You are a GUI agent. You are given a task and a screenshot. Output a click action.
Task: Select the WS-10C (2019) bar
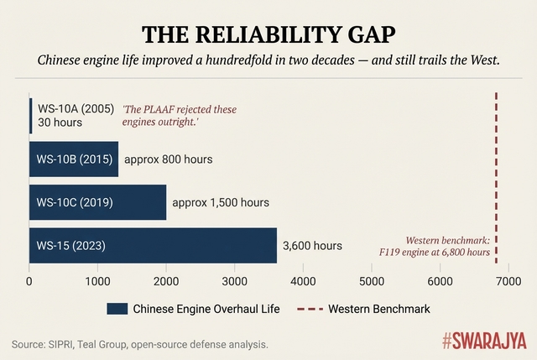pos(97,202)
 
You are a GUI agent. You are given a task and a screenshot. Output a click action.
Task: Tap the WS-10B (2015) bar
pos(74,159)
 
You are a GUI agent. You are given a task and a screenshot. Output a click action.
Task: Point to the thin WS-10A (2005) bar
pos(31,116)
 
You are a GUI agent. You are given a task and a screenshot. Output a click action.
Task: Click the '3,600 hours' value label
pos(312,246)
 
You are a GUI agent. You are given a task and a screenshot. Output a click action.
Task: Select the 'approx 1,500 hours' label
pos(221,202)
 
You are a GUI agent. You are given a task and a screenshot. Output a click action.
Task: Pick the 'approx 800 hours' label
pos(168,159)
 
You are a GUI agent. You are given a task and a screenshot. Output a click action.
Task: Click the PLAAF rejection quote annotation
pos(180,116)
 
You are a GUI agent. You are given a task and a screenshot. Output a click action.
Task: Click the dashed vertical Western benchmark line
pos(496,168)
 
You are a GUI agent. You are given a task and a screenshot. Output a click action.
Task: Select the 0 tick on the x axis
pos(29,280)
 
